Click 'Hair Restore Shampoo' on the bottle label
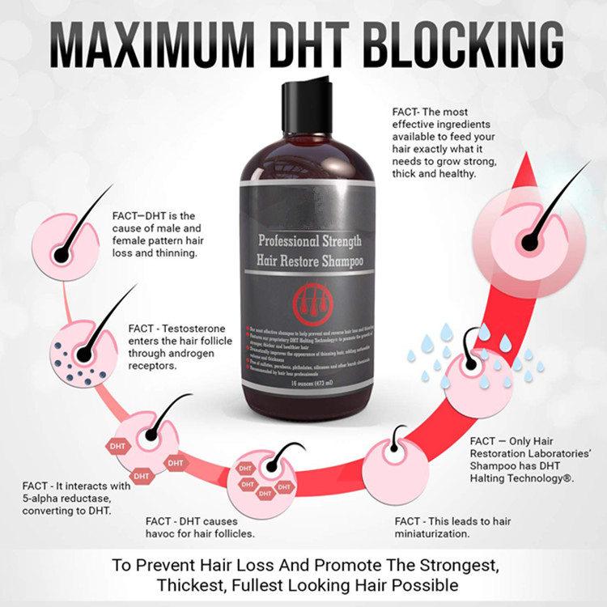[x=309, y=261]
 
